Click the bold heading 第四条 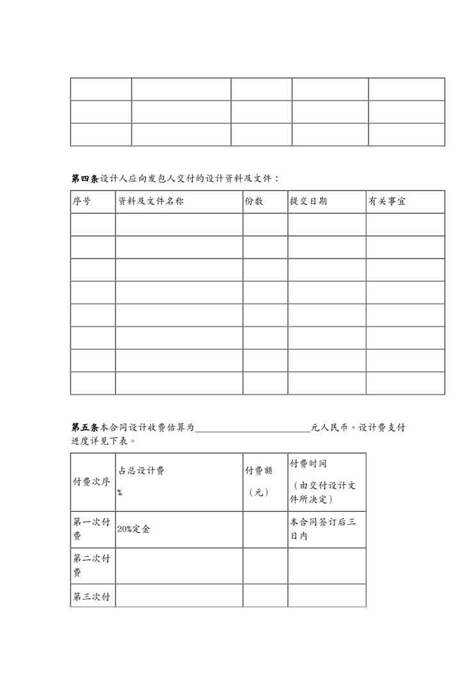coord(85,178)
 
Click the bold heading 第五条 coord(85,427)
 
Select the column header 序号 coord(81,201)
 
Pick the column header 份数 coord(254,201)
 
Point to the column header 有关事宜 coord(386,201)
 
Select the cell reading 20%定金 coord(134,530)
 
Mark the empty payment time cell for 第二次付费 coord(326,566)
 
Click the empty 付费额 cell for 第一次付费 coord(265,529)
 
